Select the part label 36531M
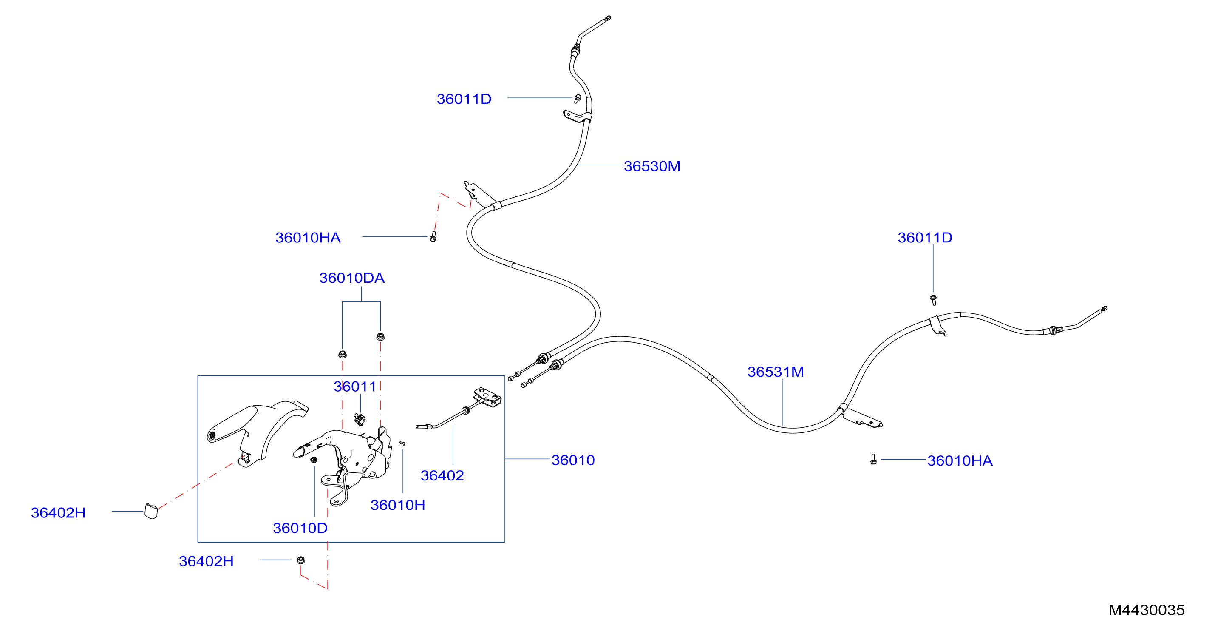pos(775,372)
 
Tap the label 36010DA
pos(351,278)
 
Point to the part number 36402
pos(442,475)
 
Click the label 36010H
pos(397,505)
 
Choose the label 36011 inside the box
pos(354,387)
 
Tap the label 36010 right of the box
pos(573,460)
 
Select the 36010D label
pos(300,528)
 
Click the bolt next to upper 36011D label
pos(578,99)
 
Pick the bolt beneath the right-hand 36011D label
pos(933,300)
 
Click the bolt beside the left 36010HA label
pos(433,236)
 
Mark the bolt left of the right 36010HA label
pos(873,460)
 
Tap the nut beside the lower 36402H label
pos(301,560)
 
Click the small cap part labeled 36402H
pos(151,511)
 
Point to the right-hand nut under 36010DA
pos(380,337)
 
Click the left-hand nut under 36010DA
pos(343,354)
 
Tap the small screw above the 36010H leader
pos(402,444)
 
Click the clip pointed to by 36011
pos(359,420)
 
